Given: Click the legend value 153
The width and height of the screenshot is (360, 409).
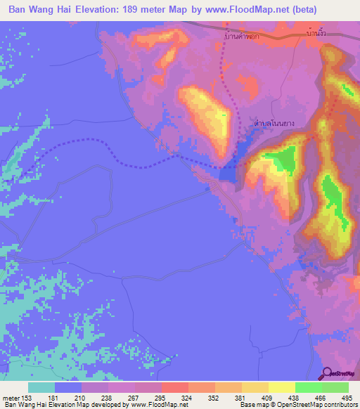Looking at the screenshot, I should click(x=26, y=397).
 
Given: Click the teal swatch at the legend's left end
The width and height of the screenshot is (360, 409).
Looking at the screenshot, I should click(x=41, y=387).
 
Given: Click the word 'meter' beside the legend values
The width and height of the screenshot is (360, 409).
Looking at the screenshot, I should click(x=10, y=397).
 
